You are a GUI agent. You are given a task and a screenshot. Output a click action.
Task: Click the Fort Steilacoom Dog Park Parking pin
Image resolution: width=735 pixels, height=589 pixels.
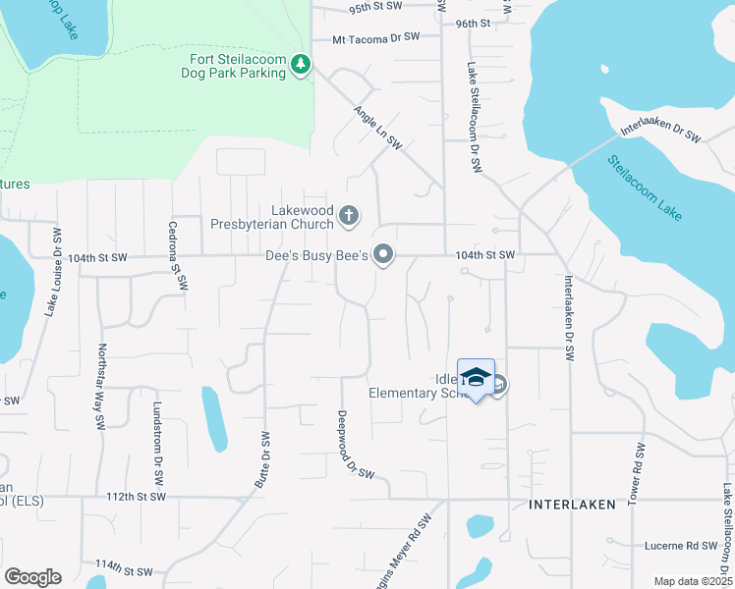tap(301, 67)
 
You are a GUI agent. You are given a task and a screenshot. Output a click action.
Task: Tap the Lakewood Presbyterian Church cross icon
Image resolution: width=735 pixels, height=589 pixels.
tap(348, 215)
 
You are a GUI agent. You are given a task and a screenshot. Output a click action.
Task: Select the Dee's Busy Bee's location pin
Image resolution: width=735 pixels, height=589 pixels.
tap(383, 256)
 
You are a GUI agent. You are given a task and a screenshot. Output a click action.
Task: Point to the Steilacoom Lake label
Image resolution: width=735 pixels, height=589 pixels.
tap(644, 187)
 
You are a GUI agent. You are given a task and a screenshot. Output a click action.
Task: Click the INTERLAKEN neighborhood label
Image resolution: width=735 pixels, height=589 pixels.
tap(572, 504)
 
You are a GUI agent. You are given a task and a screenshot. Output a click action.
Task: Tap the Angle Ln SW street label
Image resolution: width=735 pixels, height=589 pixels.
tap(378, 128)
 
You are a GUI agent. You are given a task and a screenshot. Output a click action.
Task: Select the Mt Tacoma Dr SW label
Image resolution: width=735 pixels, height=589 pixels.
tap(376, 37)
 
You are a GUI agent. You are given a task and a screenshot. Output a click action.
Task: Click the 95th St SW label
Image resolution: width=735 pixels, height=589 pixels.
tap(376, 7)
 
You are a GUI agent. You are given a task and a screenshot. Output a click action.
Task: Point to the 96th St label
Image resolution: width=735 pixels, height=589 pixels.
tap(473, 24)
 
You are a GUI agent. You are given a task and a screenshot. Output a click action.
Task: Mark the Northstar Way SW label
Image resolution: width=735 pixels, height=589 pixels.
tap(100, 388)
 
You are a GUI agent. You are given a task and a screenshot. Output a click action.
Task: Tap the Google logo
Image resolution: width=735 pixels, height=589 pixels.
tap(32, 577)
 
